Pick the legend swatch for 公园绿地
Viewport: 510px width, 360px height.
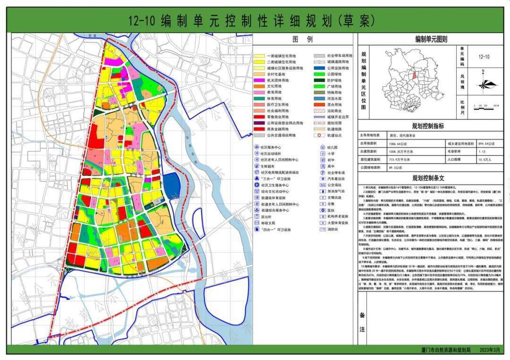click(x=320, y=74)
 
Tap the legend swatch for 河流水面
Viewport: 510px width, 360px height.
click(x=320, y=99)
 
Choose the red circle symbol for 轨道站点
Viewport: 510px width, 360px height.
click(x=320, y=135)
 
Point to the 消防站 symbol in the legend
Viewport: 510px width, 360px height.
click(x=320, y=229)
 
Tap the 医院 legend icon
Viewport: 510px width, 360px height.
click(x=320, y=211)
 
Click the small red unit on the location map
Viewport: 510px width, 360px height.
click(x=415, y=74)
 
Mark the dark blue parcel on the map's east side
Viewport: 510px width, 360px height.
click(x=171, y=183)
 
